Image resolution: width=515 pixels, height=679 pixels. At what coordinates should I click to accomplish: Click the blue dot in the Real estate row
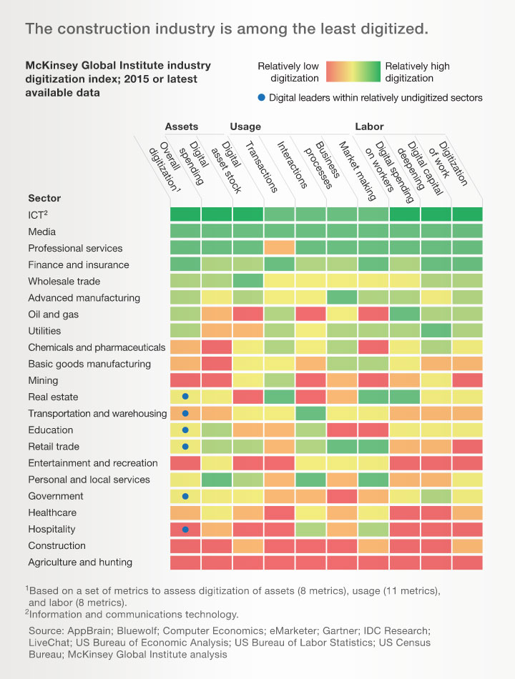pos(185,397)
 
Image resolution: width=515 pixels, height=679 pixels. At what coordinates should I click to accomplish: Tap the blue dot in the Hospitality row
pos(185,530)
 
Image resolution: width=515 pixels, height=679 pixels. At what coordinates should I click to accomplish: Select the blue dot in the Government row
pos(185,496)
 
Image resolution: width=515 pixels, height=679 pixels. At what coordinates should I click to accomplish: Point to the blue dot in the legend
pos(262,97)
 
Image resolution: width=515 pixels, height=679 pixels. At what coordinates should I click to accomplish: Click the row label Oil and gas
pos(54,314)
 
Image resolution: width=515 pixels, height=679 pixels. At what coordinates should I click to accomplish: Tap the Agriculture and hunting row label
pos(80,562)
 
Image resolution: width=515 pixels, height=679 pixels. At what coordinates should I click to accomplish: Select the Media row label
pos(41,232)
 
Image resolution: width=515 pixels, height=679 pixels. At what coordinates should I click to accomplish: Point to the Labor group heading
pos(369,127)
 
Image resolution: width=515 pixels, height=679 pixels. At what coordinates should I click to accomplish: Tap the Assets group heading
pos(182,127)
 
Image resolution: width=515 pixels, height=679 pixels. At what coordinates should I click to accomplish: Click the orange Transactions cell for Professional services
pos(279,248)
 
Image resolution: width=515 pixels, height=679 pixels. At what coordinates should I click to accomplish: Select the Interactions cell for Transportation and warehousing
pos(310,413)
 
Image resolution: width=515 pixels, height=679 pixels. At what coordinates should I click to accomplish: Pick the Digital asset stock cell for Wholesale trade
pos(247,281)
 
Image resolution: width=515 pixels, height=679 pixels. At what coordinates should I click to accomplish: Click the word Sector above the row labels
pos(44,198)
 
